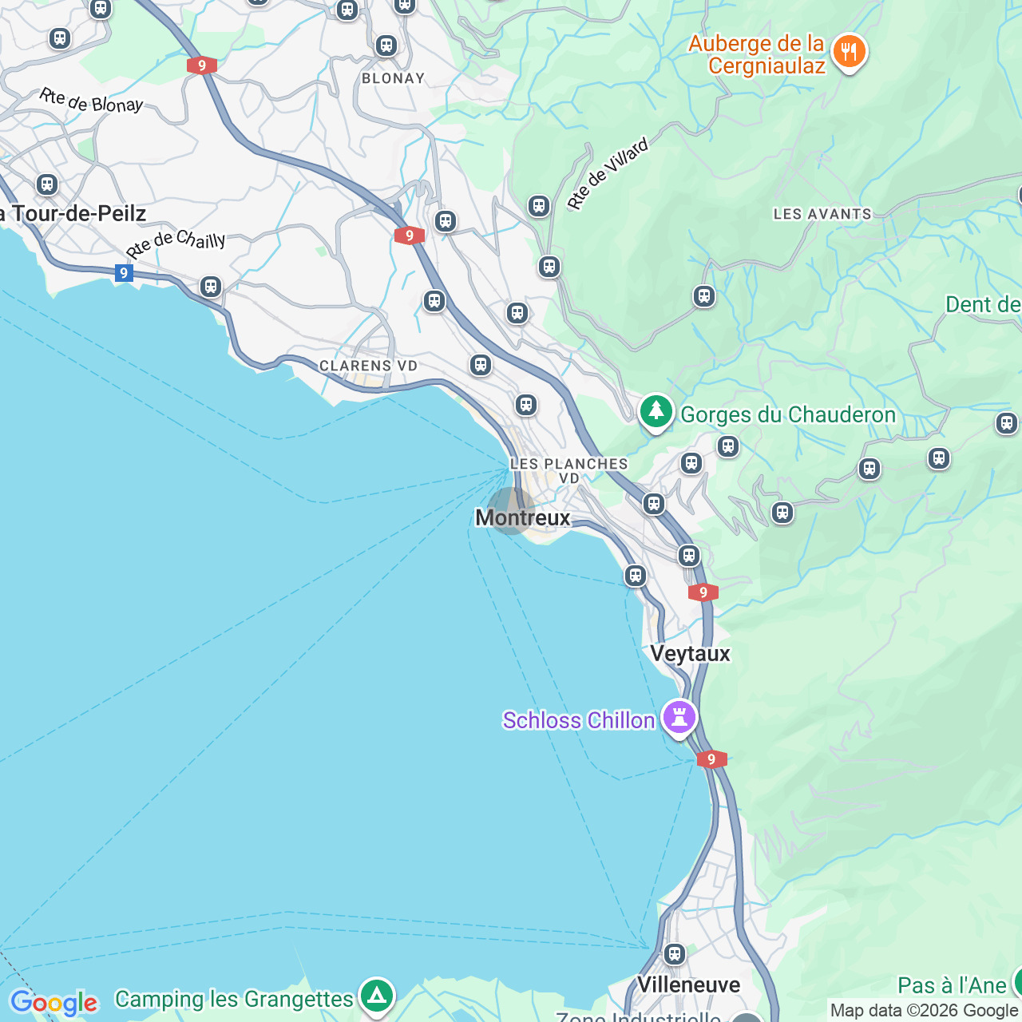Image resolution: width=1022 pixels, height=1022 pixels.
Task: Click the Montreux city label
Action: pos(523,518)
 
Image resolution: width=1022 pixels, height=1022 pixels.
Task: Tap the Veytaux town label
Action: pos(690,654)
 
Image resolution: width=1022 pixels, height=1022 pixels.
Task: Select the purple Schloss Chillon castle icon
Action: pos(679,718)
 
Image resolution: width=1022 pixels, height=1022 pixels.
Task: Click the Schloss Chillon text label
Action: pos(579,720)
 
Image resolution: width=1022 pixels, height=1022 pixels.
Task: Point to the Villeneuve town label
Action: pos(688,984)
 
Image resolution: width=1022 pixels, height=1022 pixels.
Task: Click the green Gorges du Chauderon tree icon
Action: pos(656,412)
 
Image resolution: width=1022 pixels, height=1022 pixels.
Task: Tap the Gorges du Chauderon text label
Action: pos(788,415)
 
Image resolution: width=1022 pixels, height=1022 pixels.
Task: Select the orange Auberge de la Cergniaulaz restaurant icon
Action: pos(849,52)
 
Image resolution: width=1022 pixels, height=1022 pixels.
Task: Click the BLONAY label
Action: pos(393,78)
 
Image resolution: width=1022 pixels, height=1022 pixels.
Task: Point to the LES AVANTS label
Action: pos(822,214)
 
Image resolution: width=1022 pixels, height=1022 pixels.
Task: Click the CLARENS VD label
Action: pos(368,366)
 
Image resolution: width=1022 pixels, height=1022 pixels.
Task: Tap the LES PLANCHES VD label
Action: pos(568,470)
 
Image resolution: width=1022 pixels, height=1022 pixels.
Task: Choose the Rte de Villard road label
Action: pos(608,174)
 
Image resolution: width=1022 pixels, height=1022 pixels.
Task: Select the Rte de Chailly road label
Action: pos(176,244)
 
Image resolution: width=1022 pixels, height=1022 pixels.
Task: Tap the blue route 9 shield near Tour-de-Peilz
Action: pos(123,274)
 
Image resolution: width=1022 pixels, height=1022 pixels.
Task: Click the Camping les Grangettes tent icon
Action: pos(377,996)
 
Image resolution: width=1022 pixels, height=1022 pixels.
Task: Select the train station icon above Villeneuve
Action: pos(675,953)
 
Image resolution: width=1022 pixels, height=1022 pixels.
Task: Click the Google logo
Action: pos(53,1003)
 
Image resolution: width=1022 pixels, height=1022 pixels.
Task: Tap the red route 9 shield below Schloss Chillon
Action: pos(711,759)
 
